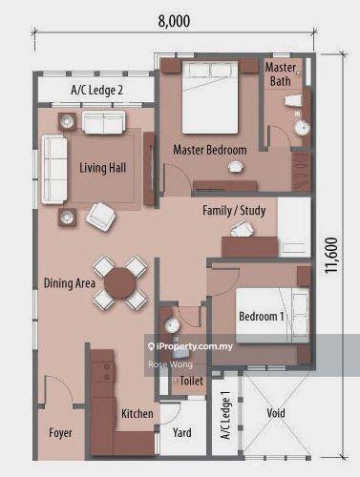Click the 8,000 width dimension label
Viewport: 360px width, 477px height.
(x=174, y=21)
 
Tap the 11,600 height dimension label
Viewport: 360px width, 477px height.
(x=331, y=255)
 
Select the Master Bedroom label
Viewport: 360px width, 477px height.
(x=210, y=150)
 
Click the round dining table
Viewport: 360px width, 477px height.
(x=120, y=282)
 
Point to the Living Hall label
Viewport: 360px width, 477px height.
(x=102, y=168)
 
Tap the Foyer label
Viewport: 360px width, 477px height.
(x=60, y=433)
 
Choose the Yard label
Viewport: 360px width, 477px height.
(x=181, y=432)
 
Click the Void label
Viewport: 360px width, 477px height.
(x=276, y=413)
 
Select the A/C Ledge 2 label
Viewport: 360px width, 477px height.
(x=96, y=90)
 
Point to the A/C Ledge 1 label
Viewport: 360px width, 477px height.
(x=225, y=415)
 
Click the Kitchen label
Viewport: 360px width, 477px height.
(x=138, y=413)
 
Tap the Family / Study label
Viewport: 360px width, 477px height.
(x=234, y=211)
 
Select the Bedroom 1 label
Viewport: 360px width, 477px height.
(x=261, y=316)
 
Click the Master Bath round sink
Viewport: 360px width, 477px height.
(x=302, y=128)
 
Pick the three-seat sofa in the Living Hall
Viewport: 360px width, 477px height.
(x=54, y=170)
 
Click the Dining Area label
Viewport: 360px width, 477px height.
(x=70, y=283)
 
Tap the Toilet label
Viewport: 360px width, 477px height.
(x=191, y=381)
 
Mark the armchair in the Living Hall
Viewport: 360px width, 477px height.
(x=100, y=218)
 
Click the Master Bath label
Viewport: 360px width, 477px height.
(x=281, y=74)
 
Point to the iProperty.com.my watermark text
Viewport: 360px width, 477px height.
(x=191, y=346)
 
